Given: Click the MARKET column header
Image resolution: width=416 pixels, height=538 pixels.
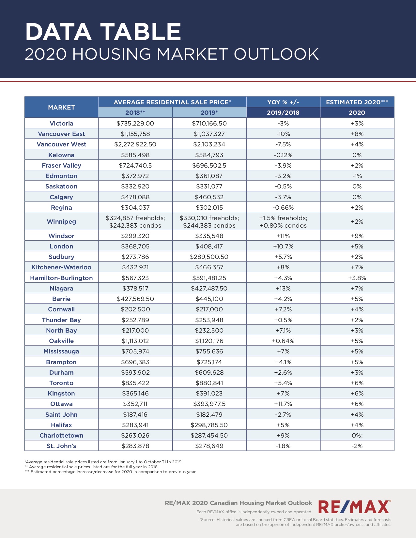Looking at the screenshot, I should tap(61, 107).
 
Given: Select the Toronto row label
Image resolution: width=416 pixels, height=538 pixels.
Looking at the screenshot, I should tap(61, 383).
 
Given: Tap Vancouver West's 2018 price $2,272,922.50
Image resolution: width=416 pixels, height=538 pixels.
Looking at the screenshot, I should tap(135, 144).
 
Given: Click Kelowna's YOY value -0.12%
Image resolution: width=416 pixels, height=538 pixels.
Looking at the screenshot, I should tap(283, 155).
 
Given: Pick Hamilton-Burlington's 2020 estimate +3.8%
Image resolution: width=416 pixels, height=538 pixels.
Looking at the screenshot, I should tap(357, 278).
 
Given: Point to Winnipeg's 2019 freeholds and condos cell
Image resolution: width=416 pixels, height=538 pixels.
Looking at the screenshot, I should tap(209, 222).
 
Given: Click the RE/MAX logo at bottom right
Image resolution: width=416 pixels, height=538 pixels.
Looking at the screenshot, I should tap(354, 507).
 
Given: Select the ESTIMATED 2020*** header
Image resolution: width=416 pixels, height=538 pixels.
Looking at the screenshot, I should tap(357, 102).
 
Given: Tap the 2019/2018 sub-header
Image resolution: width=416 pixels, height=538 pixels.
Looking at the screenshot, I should tap(283, 112).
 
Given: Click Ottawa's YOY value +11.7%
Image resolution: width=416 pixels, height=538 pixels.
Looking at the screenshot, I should tap(283, 404).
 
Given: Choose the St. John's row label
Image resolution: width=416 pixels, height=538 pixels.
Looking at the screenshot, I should tap(61, 446).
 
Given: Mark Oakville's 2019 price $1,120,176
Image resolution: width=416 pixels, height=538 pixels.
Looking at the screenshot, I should tap(209, 341).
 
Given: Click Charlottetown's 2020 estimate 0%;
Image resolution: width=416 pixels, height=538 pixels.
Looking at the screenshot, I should tap(357, 435).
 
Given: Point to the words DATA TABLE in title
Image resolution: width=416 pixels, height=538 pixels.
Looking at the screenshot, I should tap(103, 32).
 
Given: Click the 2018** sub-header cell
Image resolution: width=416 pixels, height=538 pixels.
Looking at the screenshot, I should tap(135, 112).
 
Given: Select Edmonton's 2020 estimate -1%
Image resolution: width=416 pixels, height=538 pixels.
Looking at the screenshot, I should tap(357, 176).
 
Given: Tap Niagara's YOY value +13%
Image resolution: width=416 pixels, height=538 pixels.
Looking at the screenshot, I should tap(283, 288).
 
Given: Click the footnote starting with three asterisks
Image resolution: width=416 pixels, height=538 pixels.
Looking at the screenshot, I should tap(110, 472).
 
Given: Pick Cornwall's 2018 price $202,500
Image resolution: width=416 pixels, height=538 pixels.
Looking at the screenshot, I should tap(135, 309).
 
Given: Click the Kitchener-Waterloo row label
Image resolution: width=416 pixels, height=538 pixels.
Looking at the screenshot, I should tap(61, 267).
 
